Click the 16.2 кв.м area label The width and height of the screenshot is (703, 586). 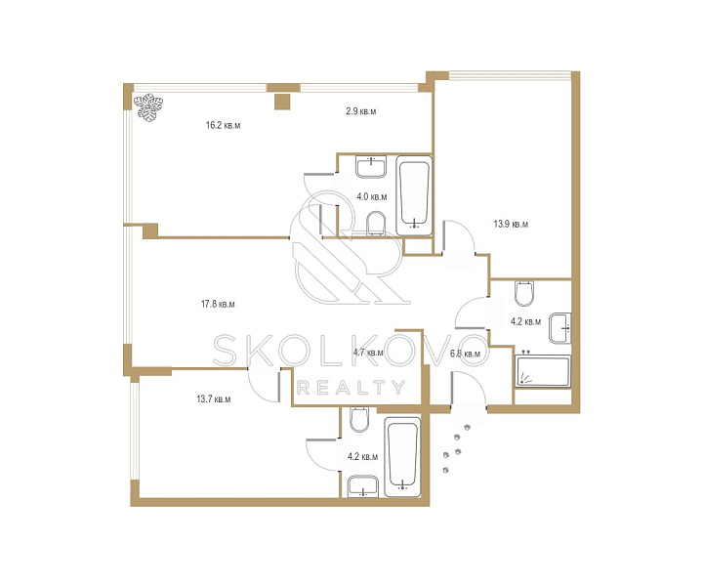[223, 125]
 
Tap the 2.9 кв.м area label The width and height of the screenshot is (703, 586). [361, 111]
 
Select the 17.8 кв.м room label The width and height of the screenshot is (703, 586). [218, 304]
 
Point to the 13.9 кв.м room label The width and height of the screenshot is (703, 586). [511, 224]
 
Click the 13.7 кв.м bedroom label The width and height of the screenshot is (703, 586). [214, 398]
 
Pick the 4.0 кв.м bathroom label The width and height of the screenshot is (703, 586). [372, 196]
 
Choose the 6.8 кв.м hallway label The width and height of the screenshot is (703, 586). [465, 354]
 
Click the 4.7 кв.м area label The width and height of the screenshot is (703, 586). [368, 353]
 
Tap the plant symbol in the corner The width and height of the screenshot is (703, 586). [148, 107]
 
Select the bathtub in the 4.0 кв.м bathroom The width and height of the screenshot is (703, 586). [414, 195]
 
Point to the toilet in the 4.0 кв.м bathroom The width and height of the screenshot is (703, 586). [376, 224]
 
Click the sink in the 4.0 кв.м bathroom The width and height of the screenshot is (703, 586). [371, 167]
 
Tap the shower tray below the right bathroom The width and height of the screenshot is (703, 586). [543, 371]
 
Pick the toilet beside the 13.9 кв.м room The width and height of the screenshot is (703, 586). [524, 293]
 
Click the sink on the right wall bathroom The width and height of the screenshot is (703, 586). [560, 328]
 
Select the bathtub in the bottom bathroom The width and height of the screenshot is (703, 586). [402, 457]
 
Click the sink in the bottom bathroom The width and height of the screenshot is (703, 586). [362, 486]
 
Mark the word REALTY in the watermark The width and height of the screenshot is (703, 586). [351, 388]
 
